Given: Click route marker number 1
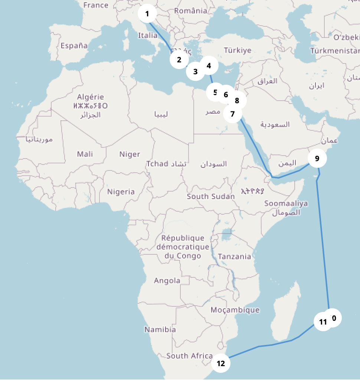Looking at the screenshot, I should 147,14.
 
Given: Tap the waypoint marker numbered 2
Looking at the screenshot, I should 179,59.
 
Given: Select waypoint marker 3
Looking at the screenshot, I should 196,71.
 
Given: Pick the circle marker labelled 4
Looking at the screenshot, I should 209,66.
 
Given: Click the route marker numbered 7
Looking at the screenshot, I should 233,114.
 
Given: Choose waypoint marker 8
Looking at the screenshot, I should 237,100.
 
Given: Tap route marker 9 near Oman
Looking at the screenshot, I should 317,158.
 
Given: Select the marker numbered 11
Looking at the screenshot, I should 323,322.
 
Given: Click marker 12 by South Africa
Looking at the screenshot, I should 221,363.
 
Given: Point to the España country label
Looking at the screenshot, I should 74,46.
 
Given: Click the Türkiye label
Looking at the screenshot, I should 238,50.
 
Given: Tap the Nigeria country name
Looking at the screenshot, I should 121,192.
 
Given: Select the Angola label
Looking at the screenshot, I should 167,281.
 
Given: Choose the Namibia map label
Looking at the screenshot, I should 160,329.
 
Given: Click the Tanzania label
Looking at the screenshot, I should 235,256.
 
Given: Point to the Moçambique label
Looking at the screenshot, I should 235,310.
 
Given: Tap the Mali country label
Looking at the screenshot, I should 85,154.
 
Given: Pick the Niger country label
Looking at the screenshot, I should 130,154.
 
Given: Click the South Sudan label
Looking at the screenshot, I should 211,196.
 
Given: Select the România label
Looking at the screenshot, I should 191,11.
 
